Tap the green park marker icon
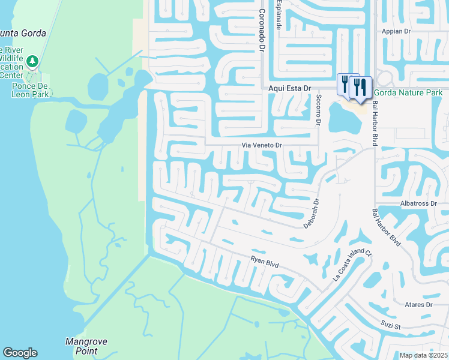coord(32,61)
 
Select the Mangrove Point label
coord(86,346)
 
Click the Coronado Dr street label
coord(262,29)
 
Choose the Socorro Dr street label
coord(319,110)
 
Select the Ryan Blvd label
coord(265,262)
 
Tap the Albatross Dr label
coord(424,204)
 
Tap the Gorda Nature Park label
coord(408,92)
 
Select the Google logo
coord(20,353)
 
